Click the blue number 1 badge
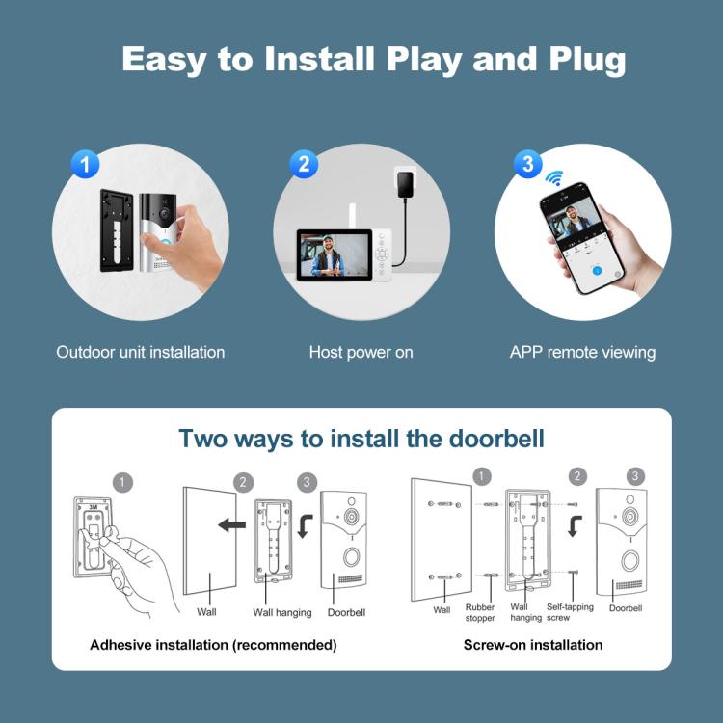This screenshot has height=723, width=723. pyautogui.click(x=86, y=164)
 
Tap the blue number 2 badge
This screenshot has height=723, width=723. pyautogui.click(x=304, y=164)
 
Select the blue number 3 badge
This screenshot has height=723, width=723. pyautogui.click(x=526, y=164)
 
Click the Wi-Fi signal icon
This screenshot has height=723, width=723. pyautogui.click(x=554, y=178)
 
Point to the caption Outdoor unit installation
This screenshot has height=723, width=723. pyautogui.click(x=141, y=352)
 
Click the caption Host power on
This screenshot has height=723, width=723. pyautogui.click(x=361, y=352)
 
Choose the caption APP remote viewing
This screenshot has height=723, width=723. pyautogui.click(x=582, y=352)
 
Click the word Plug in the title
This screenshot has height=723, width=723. pyautogui.click(x=578, y=59)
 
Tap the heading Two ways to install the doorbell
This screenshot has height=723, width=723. pyautogui.click(x=361, y=439)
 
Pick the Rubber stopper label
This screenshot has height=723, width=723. pyautogui.click(x=480, y=612)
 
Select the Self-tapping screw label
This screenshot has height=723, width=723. pyautogui.click(x=572, y=612)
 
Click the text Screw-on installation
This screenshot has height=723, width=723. pyautogui.click(x=533, y=645)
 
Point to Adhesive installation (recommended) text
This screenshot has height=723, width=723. pyautogui.click(x=213, y=645)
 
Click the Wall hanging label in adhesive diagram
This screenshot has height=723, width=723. pyautogui.click(x=282, y=612)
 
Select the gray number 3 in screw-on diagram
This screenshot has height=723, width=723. pyautogui.click(x=635, y=475)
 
